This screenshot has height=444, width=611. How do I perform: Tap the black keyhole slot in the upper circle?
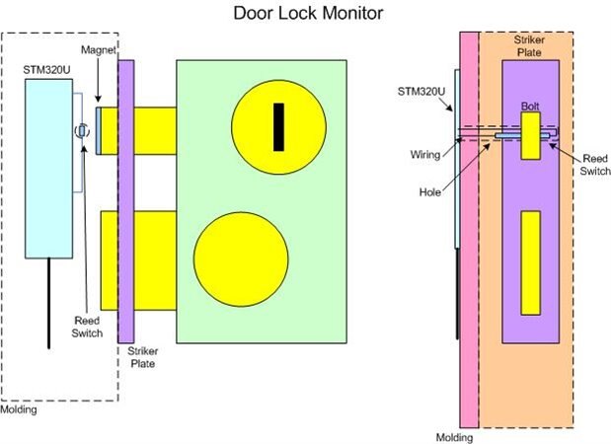[x=279, y=126]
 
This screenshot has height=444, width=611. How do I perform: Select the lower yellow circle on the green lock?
[x=241, y=259]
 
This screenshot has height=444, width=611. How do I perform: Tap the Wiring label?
[x=423, y=154]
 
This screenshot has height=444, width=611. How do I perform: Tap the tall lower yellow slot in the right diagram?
[x=531, y=261]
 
